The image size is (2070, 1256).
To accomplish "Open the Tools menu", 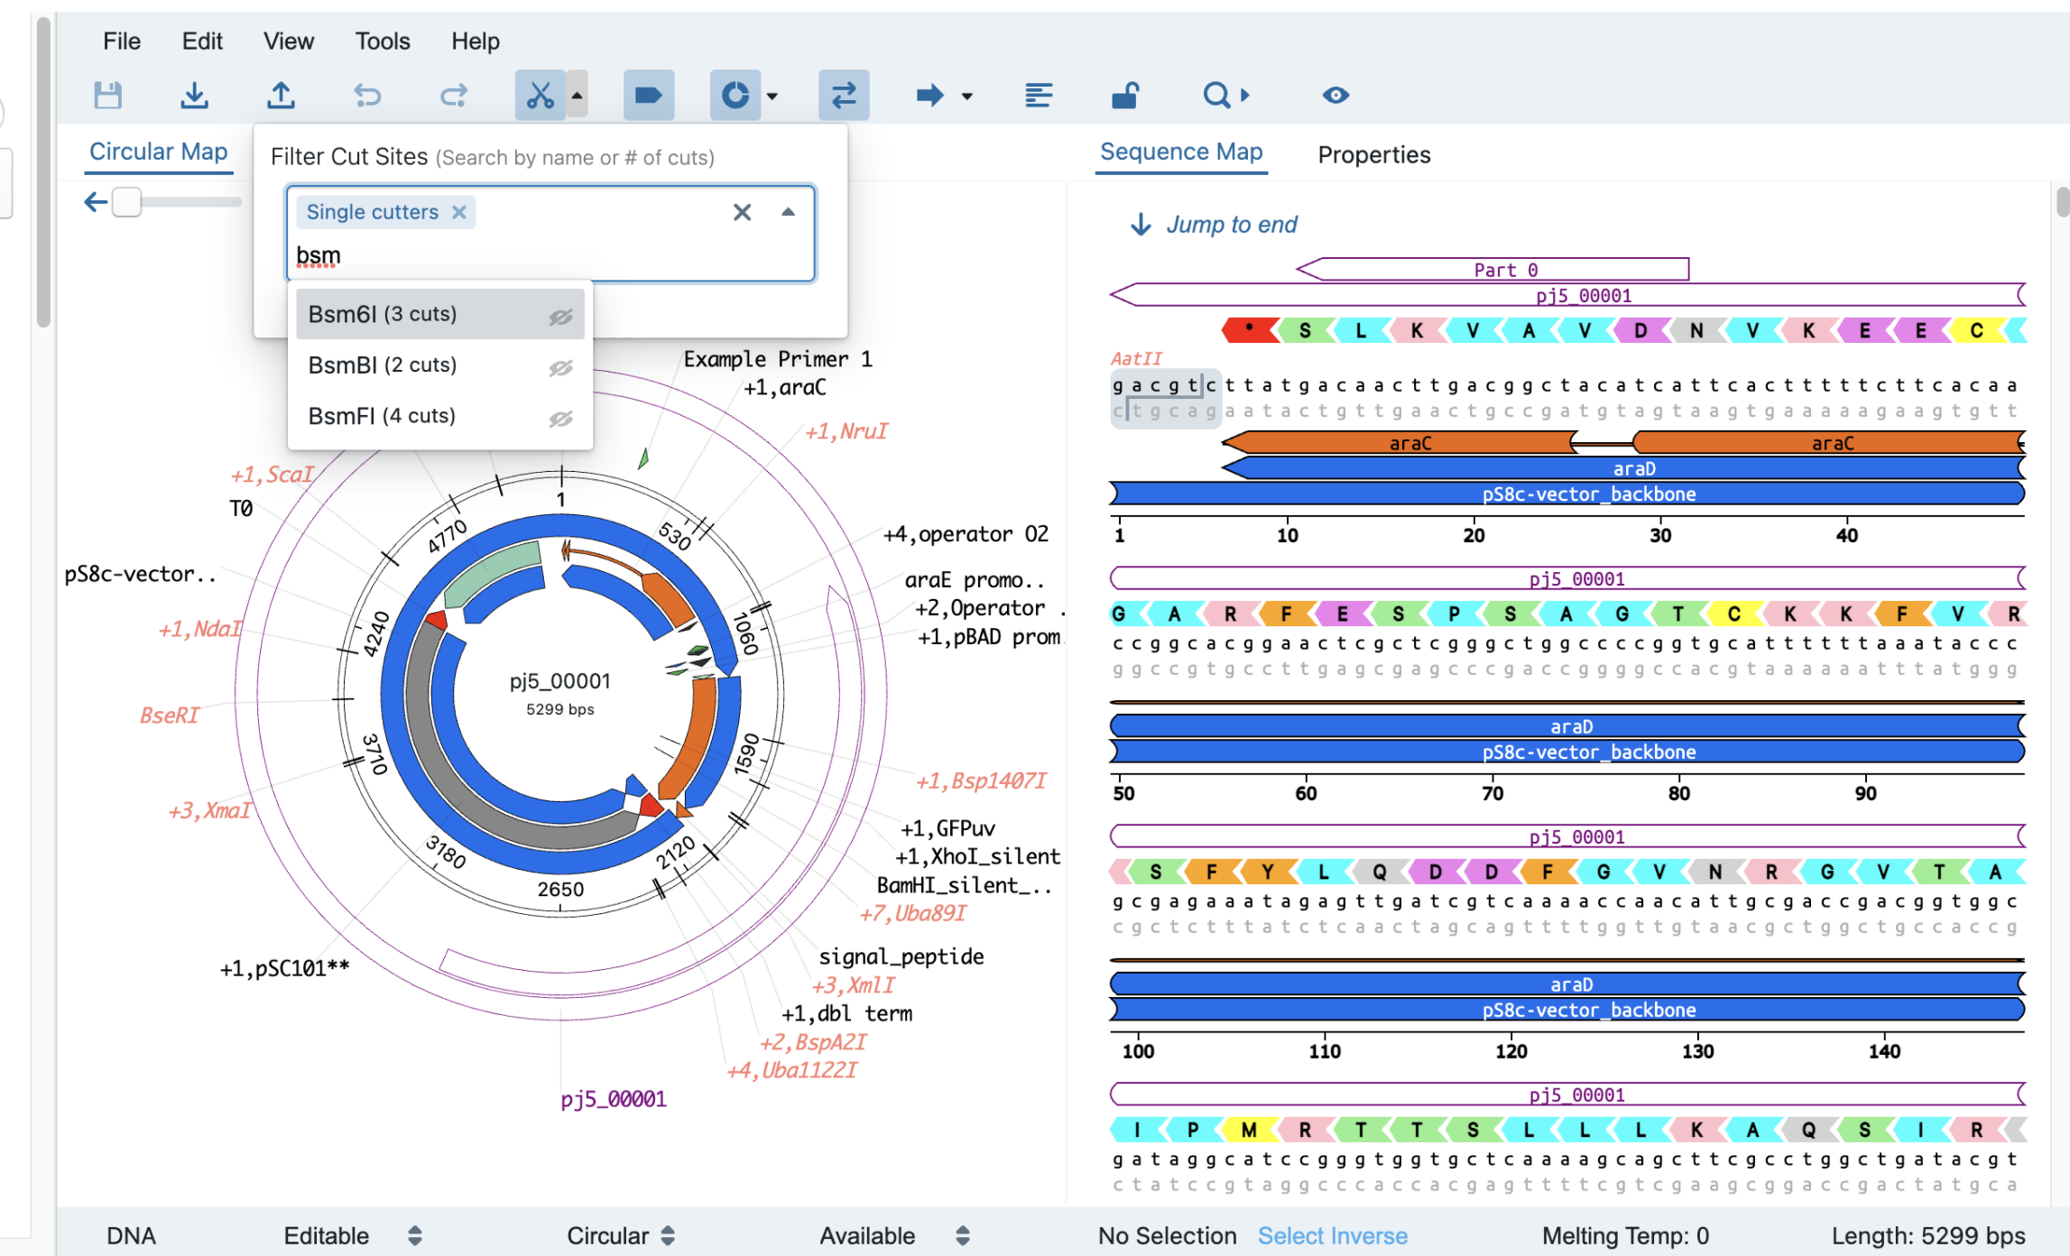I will (382, 41).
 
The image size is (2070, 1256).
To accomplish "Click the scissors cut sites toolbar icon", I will (540, 95).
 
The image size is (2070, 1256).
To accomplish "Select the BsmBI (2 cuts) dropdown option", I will (383, 365).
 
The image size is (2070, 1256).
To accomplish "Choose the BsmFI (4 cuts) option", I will (382, 416).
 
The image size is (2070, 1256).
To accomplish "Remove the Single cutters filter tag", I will (459, 212).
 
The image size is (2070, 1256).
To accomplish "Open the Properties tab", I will (1373, 154).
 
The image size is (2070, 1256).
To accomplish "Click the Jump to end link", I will (1231, 224).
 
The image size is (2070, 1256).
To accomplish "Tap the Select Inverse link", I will (1332, 1235).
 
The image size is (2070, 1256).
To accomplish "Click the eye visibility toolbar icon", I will (1335, 95).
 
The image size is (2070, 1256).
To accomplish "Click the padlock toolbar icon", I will (1125, 95).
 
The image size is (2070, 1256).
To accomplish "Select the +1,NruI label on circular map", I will (846, 431).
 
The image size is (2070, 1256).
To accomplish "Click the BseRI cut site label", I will (170, 716).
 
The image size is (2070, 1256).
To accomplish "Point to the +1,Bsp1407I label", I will (982, 780).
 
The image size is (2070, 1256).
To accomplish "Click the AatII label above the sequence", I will (1136, 358).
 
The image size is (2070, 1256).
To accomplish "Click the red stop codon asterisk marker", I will (1249, 330).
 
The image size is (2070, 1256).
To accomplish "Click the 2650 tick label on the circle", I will (560, 889).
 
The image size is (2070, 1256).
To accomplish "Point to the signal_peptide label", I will (901, 956).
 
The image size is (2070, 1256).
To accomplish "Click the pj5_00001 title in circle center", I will (560, 681).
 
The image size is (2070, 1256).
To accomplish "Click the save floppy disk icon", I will (108, 95).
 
